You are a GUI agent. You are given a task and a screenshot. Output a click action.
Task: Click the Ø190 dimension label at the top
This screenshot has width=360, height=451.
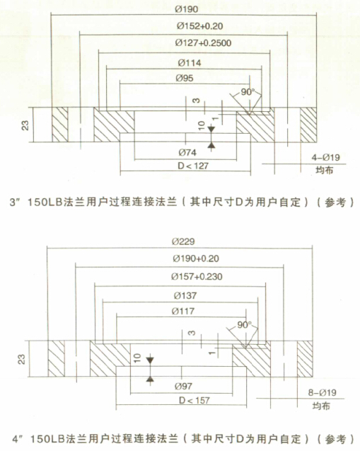[187, 9]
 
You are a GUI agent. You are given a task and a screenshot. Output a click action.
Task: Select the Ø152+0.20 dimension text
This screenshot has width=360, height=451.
[199, 26]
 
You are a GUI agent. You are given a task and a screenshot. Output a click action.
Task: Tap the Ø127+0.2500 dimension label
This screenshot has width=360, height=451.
[203, 43]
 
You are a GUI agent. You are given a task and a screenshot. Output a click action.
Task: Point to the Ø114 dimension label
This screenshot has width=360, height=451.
[190, 63]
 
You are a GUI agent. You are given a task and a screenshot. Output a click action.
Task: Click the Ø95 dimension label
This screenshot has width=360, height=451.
[185, 78]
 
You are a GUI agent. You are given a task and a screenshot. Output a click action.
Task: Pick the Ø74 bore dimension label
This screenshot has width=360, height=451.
[187, 152]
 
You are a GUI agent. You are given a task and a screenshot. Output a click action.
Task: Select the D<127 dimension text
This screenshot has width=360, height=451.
[193, 166]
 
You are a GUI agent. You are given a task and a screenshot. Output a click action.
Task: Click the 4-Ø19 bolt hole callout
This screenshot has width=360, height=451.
[326, 157]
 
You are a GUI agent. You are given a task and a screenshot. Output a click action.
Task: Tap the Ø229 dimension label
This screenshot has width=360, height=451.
[183, 241]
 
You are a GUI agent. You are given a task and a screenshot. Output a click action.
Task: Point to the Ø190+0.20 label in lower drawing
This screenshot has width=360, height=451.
[196, 258]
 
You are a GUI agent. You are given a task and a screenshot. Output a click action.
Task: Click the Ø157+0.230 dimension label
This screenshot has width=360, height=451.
[197, 277]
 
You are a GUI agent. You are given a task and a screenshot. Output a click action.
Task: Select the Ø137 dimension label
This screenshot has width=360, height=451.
[185, 295]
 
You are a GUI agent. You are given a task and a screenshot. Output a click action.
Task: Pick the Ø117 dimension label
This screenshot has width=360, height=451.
[183, 311]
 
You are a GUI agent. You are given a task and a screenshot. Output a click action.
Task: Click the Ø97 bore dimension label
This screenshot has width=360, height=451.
[183, 387]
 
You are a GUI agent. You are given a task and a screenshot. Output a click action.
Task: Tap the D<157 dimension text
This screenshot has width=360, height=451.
[194, 401]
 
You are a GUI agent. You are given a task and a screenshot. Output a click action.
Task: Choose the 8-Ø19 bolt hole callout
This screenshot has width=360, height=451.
[322, 393]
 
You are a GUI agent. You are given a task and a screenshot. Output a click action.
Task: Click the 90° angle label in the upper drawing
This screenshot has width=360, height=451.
[248, 92]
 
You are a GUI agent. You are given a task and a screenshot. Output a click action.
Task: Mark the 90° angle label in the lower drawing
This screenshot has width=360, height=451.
[244, 325]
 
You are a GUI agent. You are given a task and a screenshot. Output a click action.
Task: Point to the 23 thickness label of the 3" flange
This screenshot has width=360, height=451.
[25, 125]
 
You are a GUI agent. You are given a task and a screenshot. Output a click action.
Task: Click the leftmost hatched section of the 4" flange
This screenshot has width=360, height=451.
[57, 359]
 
